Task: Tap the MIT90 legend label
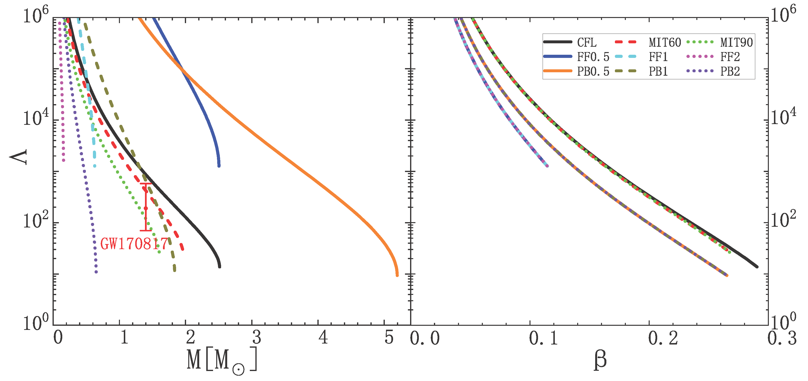[736, 42]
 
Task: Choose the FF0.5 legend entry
[593, 57]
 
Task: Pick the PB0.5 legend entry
[593, 72]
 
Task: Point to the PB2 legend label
[730, 72]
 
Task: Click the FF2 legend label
[730, 57]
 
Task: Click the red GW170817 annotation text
[134, 244]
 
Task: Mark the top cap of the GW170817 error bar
[145, 183]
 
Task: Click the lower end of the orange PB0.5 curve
[397, 275]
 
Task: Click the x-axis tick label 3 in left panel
[257, 338]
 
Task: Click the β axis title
[600, 360]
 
